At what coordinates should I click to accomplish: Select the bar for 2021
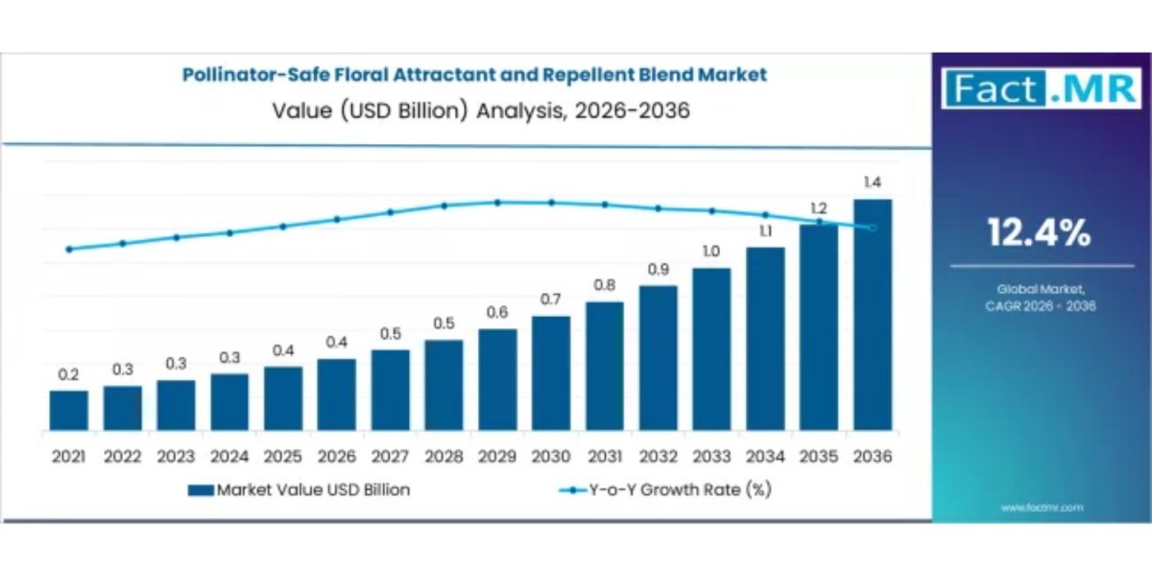click(x=69, y=410)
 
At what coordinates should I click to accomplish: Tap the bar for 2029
click(x=497, y=379)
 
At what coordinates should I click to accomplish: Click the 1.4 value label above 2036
click(x=872, y=182)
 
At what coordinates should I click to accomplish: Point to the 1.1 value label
click(x=765, y=230)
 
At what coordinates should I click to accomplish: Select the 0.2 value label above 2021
click(x=69, y=374)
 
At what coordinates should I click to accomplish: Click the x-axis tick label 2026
click(x=336, y=457)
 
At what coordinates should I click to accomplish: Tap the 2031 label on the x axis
click(x=604, y=457)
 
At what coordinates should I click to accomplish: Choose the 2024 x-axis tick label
click(x=229, y=457)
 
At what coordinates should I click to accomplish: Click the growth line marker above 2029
click(x=497, y=203)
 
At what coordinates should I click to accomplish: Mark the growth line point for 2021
click(x=69, y=249)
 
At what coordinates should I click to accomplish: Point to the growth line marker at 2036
click(x=872, y=228)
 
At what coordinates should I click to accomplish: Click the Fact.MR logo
click(x=1041, y=89)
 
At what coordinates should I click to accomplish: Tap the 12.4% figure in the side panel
click(x=1041, y=232)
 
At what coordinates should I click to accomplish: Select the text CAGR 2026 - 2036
click(x=1041, y=306)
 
